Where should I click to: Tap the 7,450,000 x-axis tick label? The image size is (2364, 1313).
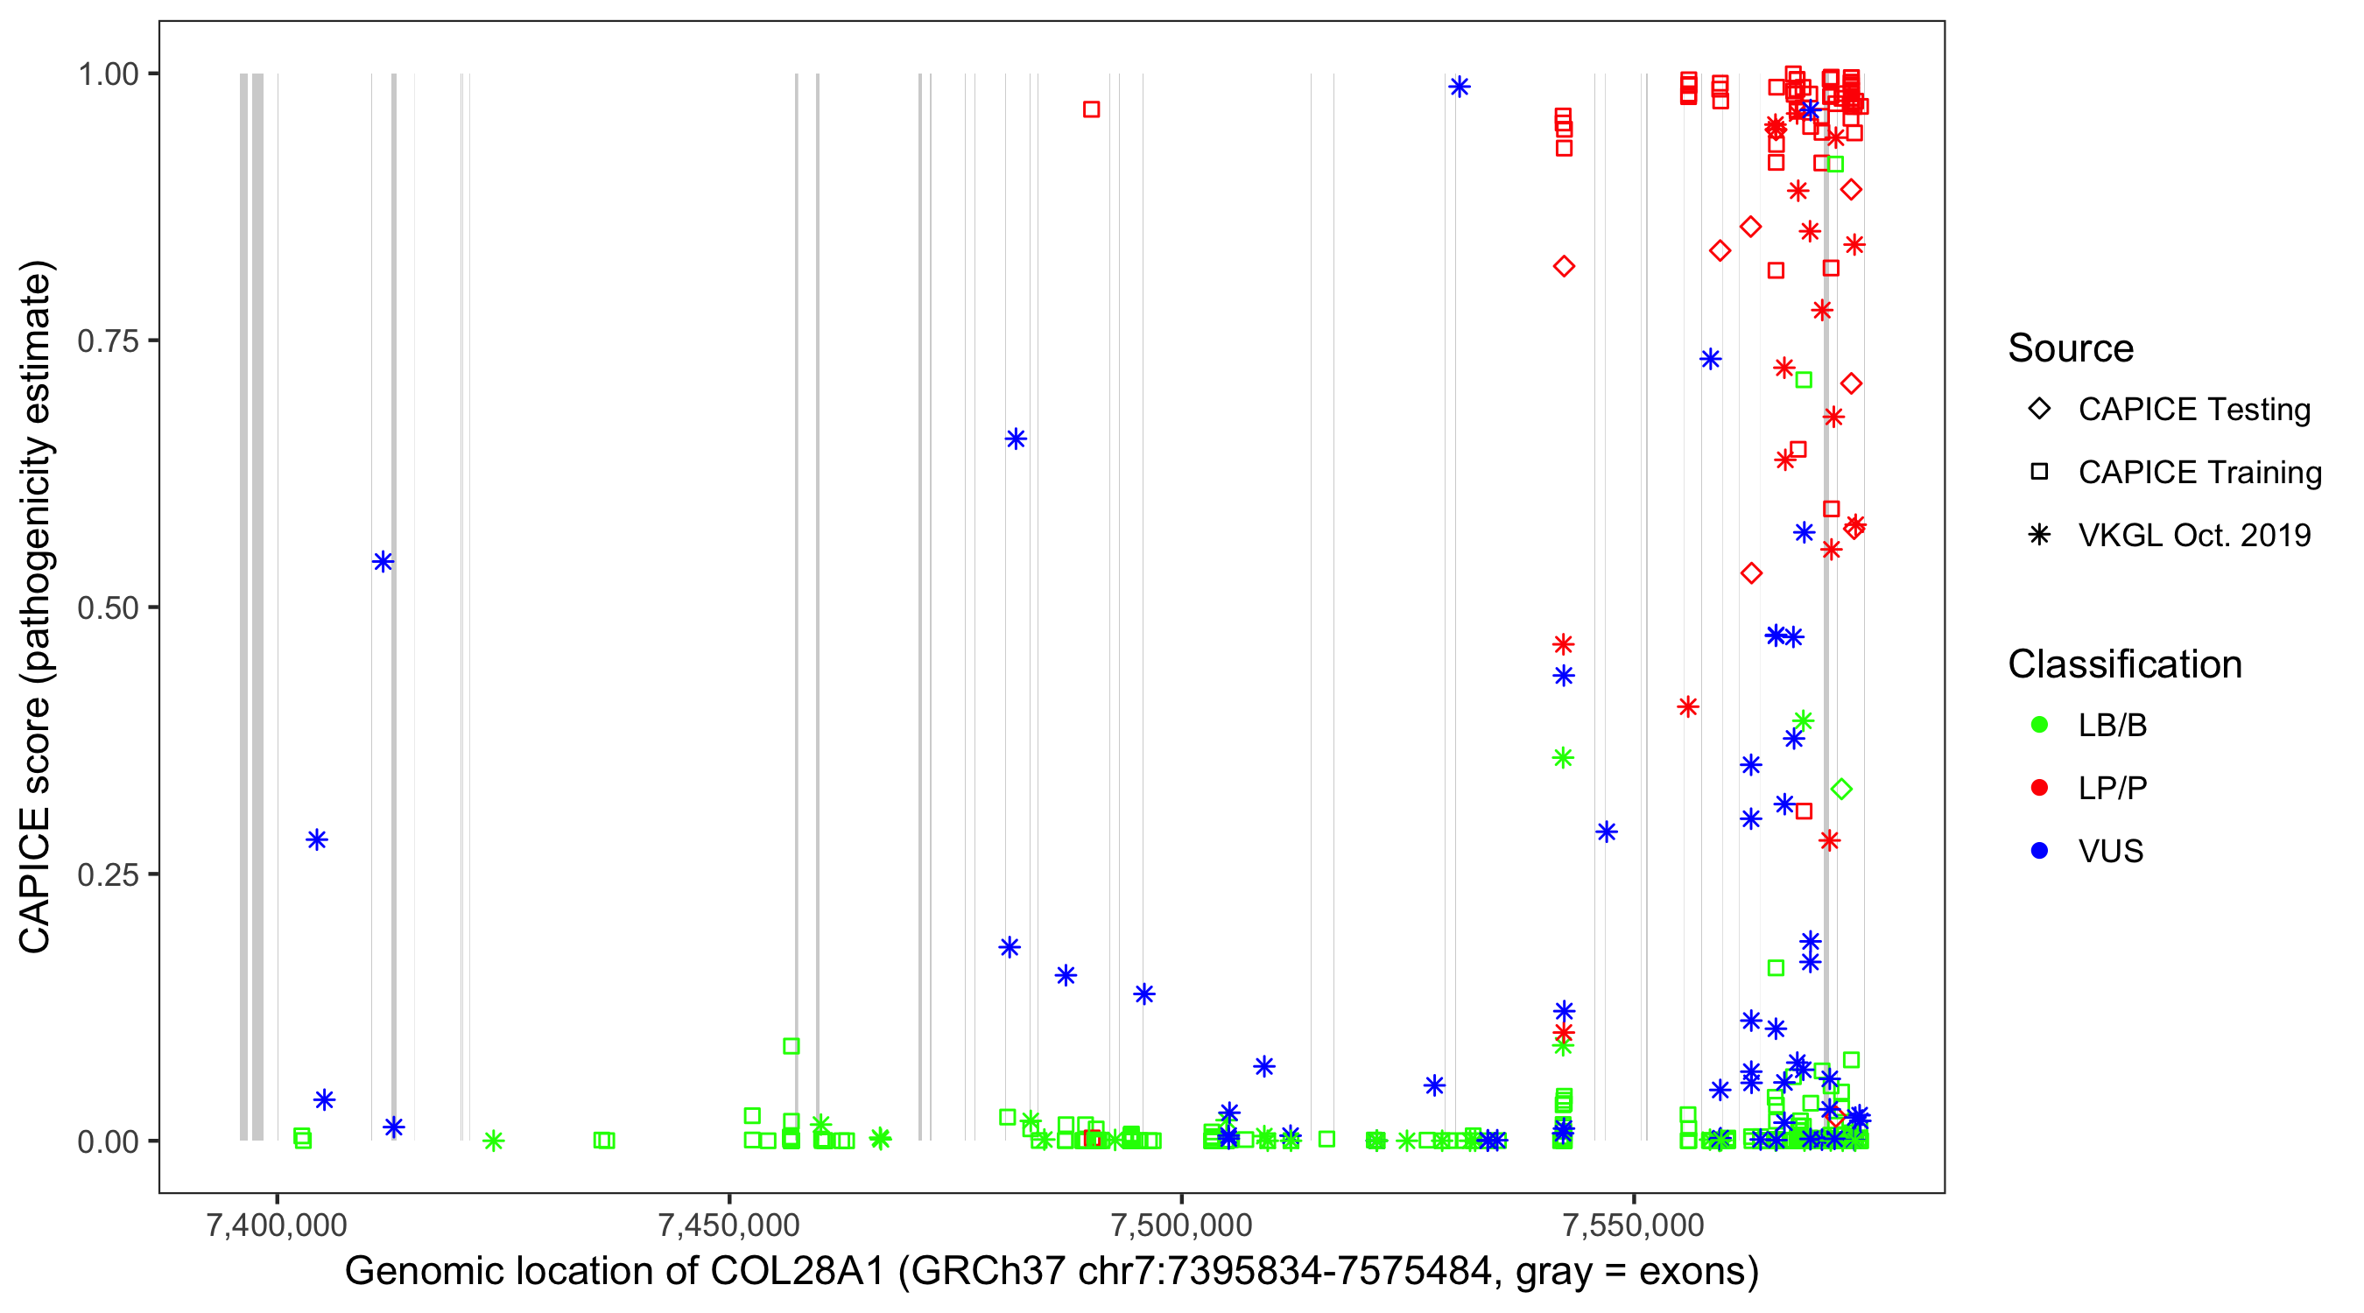click(728, 1225)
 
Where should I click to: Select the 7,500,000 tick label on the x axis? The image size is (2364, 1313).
click(1181, 1225)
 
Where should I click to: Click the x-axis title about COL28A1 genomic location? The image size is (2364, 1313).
click(1052, 1272)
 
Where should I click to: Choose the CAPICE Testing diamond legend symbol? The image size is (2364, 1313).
click(2039, 410)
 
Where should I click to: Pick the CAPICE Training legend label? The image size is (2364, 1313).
click(2199, 473)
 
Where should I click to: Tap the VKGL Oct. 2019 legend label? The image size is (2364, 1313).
click(2193, 536)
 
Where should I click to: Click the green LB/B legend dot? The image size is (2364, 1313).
click(2039, 726)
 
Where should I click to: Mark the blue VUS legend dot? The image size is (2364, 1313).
click(2039, 852)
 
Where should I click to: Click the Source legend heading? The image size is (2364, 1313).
click(2071, 348)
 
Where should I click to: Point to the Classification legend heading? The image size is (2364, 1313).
click(2123, 664)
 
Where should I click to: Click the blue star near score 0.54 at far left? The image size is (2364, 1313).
click(383, 562)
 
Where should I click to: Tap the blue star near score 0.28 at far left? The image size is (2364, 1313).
click(317, 839)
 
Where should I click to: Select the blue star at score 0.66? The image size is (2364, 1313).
click(1015, 439)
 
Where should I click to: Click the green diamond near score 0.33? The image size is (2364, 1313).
click(1841, 789)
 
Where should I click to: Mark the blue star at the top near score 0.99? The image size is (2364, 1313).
click(1460, 88)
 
